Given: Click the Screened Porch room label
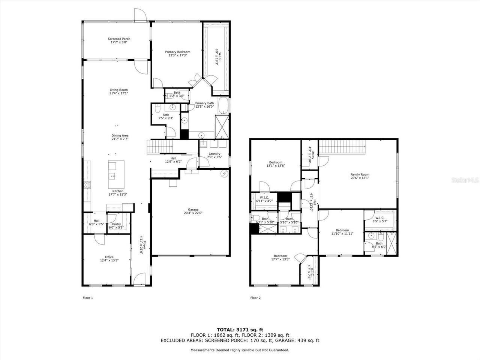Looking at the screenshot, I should click(119, 39).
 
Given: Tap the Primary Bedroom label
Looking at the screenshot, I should click(178, 52).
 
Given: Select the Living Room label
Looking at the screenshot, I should click(118, 90).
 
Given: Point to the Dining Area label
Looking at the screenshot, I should click(120, 136).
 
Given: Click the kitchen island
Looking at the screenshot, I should click(116, 175).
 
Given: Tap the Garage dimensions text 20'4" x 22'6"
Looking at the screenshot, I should click(193, 213).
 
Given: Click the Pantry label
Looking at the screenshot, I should click(116, 224).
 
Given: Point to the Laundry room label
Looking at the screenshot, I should click(214, 154).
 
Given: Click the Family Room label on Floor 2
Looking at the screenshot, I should click(360, 174).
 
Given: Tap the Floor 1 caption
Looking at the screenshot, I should click(87, 298).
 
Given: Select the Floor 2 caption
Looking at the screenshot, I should click(255, 298).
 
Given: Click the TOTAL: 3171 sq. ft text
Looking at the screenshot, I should click(240, 330).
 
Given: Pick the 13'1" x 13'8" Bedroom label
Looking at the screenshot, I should click(276, 162).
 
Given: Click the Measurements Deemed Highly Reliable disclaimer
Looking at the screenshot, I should click(240, 350).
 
